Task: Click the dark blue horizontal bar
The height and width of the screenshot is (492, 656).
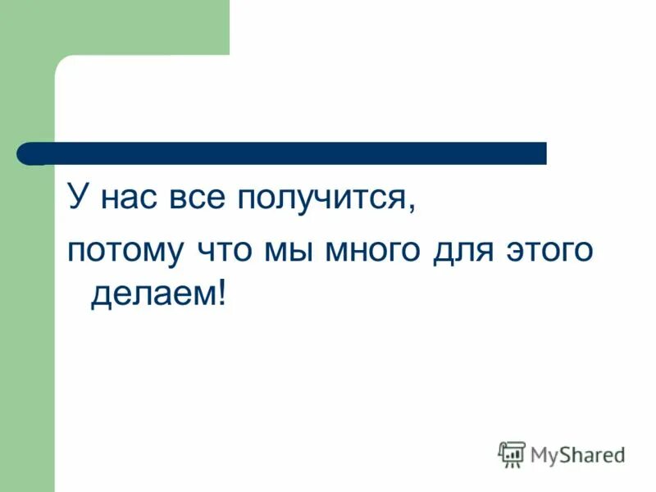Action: click(x=287, y=153)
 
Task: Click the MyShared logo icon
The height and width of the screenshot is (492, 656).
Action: click(x=512, y=453)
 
